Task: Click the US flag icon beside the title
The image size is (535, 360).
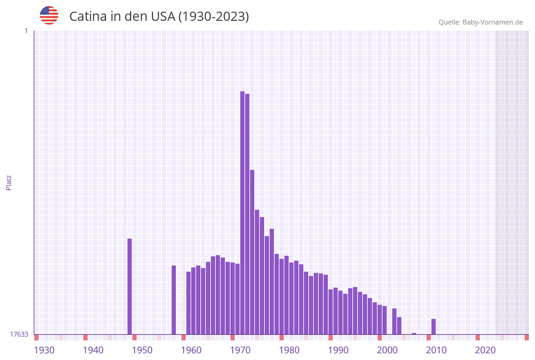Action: pos(49,15)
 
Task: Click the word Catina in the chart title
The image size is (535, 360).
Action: pos(88,17)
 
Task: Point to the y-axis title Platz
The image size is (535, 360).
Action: pos(9,182)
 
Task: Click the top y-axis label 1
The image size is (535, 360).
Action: pos(26,31)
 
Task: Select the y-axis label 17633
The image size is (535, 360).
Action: pos(19,334)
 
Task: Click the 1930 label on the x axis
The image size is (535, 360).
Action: pos(44,350)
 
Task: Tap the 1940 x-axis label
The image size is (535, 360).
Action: pos(93,350)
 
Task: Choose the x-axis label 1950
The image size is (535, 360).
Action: pos(142,350)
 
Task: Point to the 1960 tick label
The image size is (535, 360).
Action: pos(191,350)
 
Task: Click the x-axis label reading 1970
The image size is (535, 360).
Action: pos(240,350)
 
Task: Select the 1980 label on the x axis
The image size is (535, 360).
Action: pos(289,350)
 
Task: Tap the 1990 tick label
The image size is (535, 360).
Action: pos(338,350)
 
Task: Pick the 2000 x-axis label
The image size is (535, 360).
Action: pos(387,350)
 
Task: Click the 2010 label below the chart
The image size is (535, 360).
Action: pos(436,350)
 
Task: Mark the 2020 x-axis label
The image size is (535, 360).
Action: pos(485,350)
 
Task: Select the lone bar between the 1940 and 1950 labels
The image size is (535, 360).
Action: pos(129,286)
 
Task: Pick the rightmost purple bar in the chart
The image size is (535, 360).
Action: pos(433,326)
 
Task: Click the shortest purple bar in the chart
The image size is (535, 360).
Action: pos(414,334)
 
